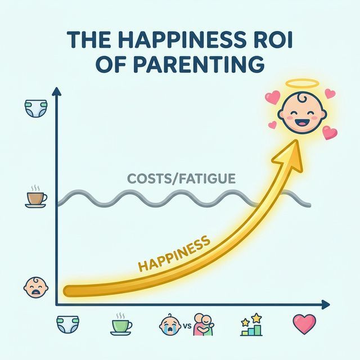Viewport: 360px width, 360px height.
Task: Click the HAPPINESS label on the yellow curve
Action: pos(174,253)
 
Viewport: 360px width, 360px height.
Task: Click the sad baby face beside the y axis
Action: pos(33,287)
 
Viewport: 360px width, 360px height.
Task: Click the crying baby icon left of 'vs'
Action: pos(171,323)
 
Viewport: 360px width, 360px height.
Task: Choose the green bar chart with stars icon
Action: pos(251,325)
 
